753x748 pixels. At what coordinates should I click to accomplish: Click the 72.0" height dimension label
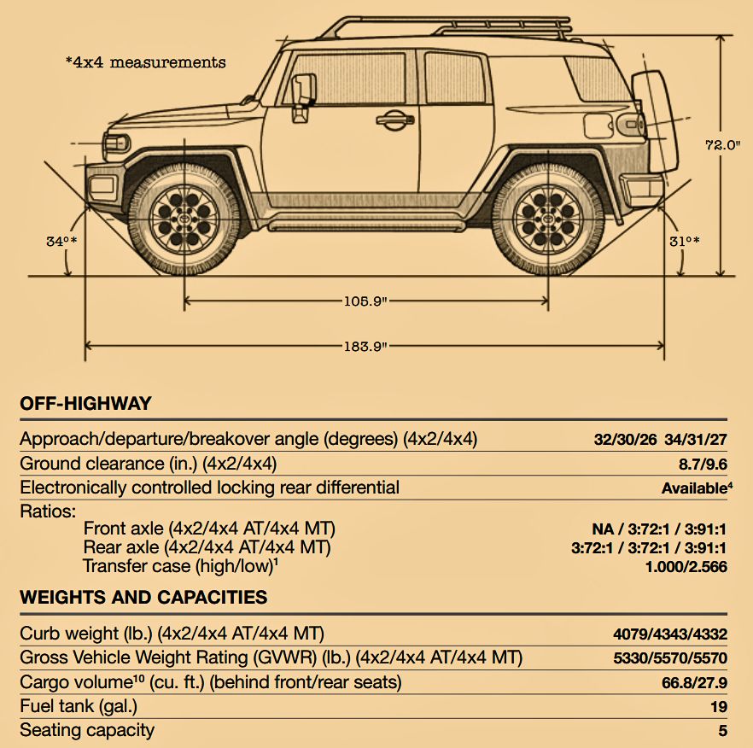pos(723,144)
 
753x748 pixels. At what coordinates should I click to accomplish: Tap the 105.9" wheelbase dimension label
pos(365,301)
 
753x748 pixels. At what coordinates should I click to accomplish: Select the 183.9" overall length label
pos(365,346)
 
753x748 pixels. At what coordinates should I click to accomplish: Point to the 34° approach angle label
pos(61,241)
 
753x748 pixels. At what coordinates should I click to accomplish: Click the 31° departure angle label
pos(685,241)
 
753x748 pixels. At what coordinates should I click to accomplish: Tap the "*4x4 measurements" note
pos(145,62)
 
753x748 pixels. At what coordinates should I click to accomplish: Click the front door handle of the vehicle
pos(394,120)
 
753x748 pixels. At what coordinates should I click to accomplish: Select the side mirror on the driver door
pos(304,97)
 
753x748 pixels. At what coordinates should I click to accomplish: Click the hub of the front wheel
pos(184,219)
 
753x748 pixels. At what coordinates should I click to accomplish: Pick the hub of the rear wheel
pos(548,219)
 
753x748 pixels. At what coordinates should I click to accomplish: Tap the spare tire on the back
pos(655,121)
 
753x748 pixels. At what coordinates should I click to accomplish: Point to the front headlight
pos(116,143)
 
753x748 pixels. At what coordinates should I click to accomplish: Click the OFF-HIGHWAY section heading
pos(85,403)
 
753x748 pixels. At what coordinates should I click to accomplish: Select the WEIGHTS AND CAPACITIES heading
pos(143,597)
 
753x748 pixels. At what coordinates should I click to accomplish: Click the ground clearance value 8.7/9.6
pos(703,464)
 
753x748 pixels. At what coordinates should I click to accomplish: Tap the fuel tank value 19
pos(719,707)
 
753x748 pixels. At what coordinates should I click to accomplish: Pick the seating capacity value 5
pos(723,731)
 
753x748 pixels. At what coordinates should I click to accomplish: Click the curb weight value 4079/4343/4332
pos(670,634)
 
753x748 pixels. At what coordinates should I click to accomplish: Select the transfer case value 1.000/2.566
pos(686,567)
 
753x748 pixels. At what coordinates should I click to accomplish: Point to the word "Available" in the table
pos(694,488)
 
